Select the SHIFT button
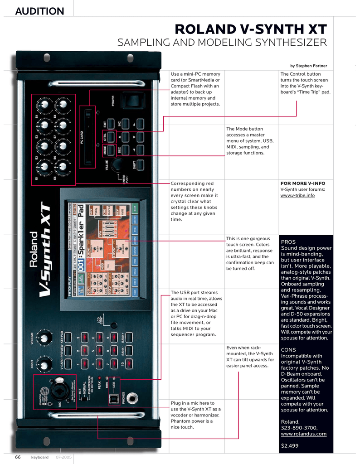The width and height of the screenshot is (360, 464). (x=140, y=165)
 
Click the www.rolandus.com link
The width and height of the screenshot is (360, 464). (x=303, y=434)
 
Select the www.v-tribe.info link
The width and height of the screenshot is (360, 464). (x=297, y=195)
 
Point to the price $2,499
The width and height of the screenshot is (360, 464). (x=290, y=446)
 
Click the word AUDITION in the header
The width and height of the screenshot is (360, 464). (x=40, y=11)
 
